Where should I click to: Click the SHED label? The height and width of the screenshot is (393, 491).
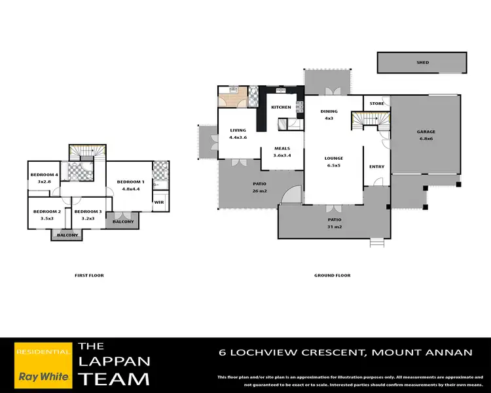click(x=422, y=63)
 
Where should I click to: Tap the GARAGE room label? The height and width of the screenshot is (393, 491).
click(x=426, y=132)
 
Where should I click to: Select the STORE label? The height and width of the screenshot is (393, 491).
click(x=376, y=103)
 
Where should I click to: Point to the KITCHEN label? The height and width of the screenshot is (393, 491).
click(x=281, y=107)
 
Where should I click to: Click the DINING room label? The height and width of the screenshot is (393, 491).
click(x=329, y=111)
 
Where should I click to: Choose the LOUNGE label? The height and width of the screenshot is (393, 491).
click(x=334, y=159)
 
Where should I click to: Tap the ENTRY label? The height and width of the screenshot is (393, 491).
click(x=377, y=166)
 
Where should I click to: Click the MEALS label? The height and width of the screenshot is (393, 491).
click(x=282, y=148)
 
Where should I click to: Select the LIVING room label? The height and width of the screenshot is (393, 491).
click(x=237, y=130)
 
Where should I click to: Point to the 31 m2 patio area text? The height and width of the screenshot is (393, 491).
click(x=335, y=227)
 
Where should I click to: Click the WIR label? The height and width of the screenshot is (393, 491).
click(x=158, y=202)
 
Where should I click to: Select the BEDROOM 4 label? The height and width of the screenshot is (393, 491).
click(x=45, y=175)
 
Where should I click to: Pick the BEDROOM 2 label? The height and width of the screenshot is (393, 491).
click(x=47, y=212)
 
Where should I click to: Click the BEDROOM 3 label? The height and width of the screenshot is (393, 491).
click(x=88, y=212)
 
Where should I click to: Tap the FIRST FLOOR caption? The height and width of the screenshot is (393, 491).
click(x=89, y=275)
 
